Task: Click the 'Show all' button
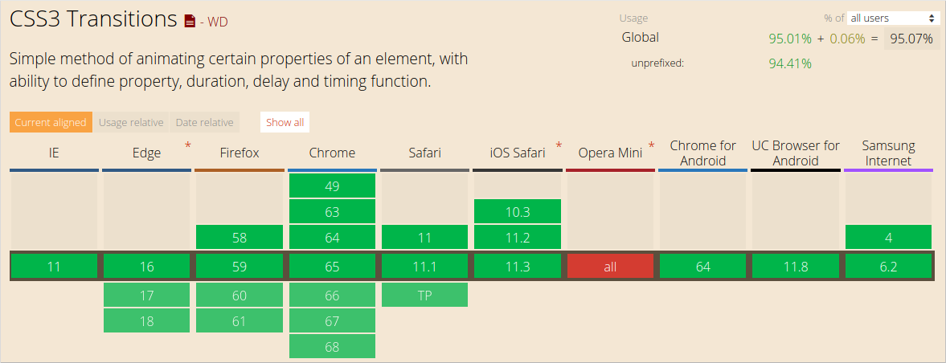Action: point(285,122)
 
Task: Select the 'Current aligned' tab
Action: point(51,122)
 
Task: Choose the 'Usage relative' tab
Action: point(131,122)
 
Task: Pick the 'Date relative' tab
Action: point(205,122)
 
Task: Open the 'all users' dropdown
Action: point(894,18)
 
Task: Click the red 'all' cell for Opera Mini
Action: point(610,267)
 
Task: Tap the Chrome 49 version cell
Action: point(332,186)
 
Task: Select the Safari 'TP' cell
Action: point(424,295)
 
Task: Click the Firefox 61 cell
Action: point(240,320)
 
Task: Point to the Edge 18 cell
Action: point(146,320)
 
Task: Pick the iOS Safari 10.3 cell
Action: point(518,212)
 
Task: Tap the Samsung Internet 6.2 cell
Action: point(888,267)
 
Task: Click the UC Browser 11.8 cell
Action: point(796,267)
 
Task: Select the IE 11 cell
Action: point(54,267)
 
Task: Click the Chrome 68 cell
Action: point(332,346)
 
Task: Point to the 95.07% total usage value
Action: point(911,38)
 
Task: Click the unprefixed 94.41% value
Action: point(789,63)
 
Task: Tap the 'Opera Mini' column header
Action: point(610,153)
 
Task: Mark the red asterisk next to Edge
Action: point(188,145)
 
